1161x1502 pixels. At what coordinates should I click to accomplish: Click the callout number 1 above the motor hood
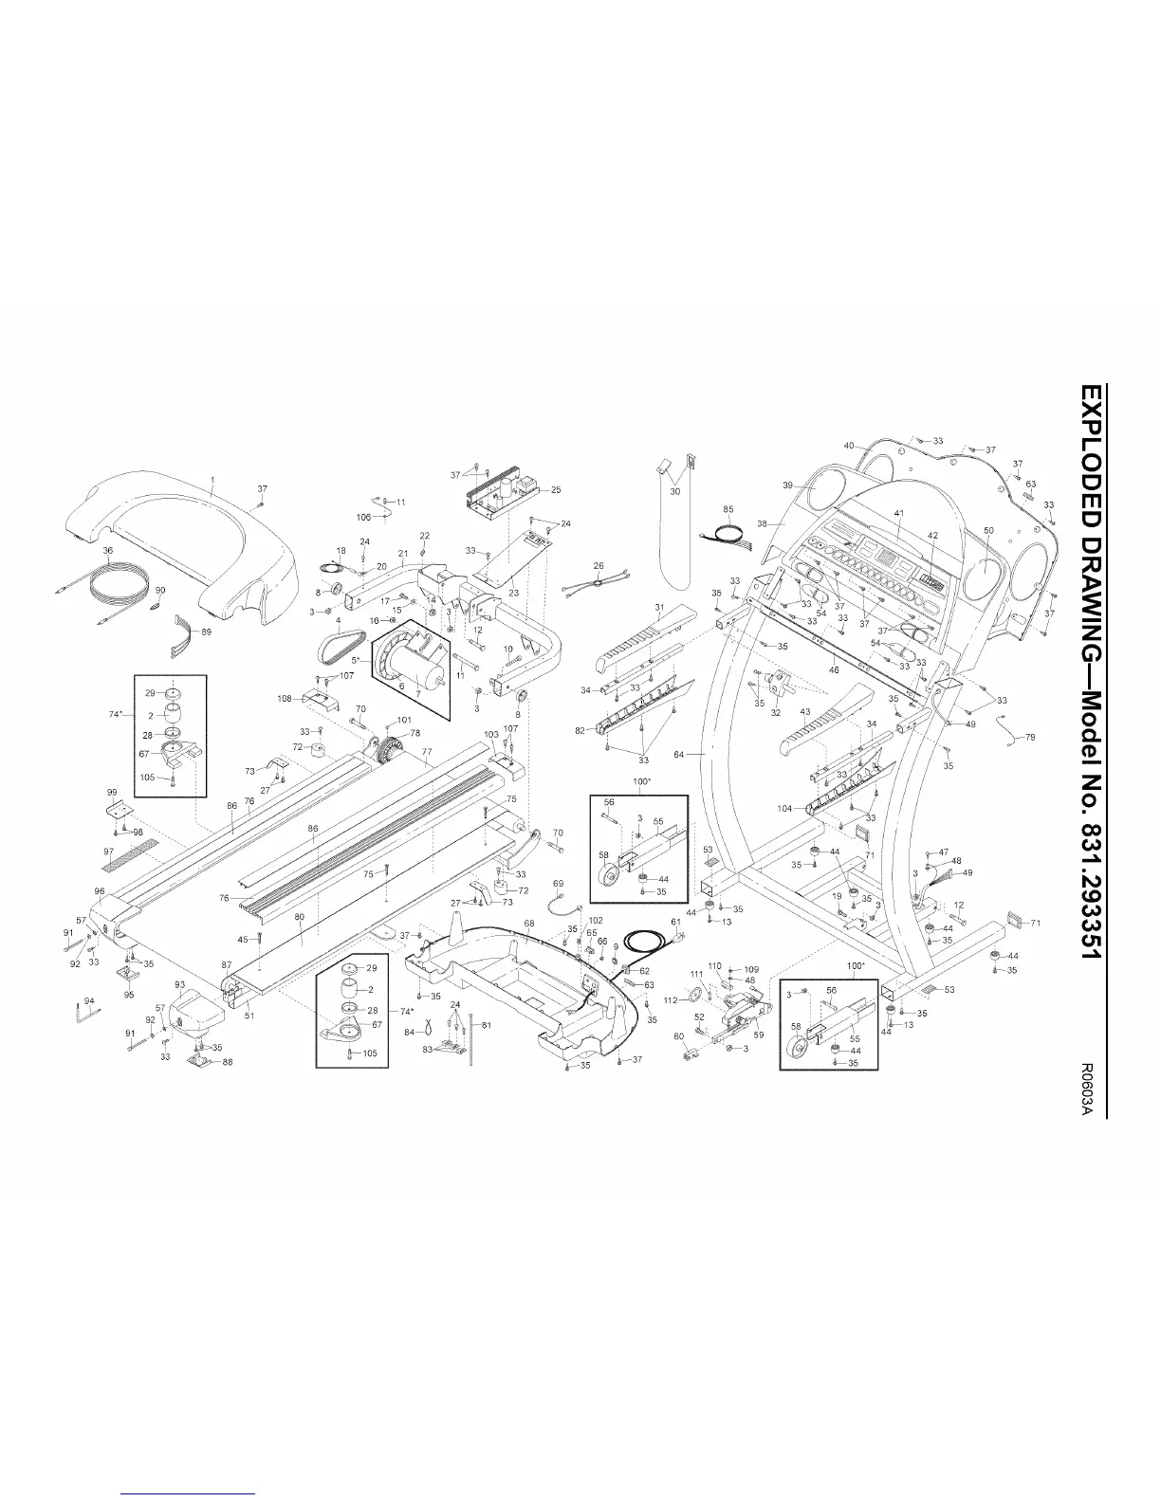click(x=212, y=481)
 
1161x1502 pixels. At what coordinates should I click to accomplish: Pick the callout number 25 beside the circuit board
click(x=556, y=490)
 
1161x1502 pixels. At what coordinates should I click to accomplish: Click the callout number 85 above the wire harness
click(x=728, y=510)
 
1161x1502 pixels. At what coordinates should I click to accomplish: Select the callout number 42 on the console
click(x=932, y=536)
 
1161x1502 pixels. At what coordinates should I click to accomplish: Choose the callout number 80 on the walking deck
click(x=300, y=917)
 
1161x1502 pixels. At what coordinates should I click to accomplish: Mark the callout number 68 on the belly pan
click(x=529, y=922)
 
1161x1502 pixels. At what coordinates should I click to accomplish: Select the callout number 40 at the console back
click(x=849, y=446)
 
